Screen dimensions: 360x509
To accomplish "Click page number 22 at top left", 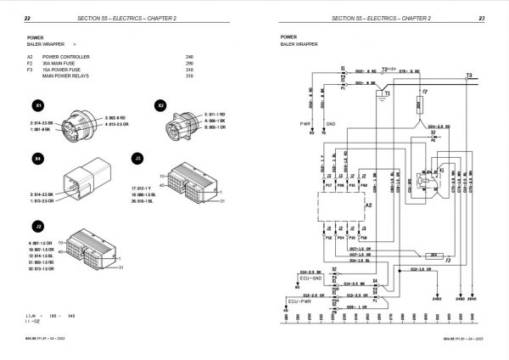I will pos(27,18).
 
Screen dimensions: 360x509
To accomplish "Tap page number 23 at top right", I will pos(481,18).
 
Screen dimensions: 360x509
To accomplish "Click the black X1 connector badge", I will pos(36,106).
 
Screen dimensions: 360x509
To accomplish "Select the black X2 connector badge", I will pos(160,106).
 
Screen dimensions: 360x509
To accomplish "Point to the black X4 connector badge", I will pos(36,158).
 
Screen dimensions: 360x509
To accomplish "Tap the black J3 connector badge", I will pos(136,158).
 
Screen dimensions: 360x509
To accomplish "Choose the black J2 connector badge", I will pos(36,226).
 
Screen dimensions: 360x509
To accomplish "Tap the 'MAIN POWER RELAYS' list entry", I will pos(73,76).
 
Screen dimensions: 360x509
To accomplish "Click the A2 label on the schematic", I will pos(367,205).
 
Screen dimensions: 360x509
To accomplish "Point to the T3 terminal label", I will pos(469,76).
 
